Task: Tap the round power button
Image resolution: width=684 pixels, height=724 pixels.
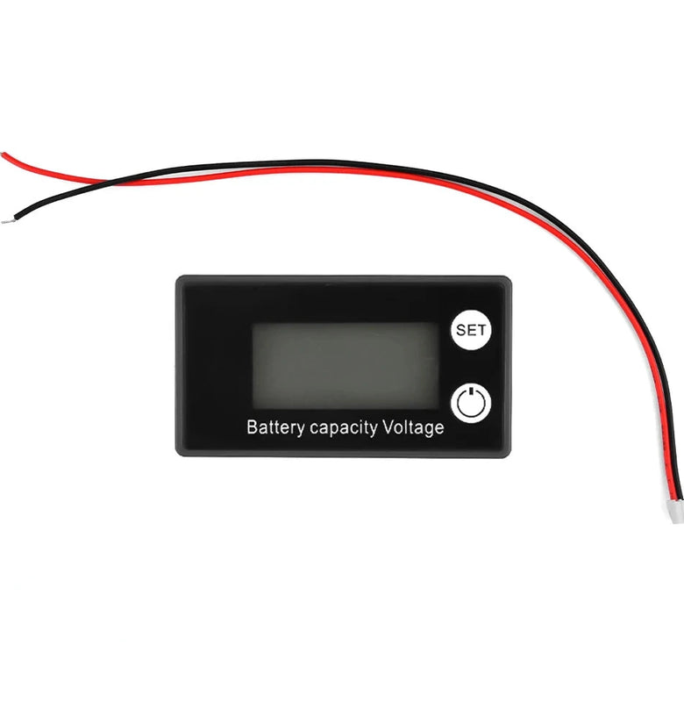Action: tap(471, 403)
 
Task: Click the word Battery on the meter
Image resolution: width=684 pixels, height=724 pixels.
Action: tap(274, 428)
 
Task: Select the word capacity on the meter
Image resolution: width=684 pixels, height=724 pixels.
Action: tap(343, 429)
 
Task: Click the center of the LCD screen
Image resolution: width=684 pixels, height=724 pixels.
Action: tap(346, 364)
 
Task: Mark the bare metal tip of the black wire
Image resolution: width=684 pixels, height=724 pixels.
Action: tap(7, 219)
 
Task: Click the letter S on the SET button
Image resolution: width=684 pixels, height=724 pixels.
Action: tap(460, 332)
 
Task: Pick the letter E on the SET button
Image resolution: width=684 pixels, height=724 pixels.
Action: tap(471, 332)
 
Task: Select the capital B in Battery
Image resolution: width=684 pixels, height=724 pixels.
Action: tap(253, 428)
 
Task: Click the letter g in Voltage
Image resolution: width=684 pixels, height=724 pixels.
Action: tap(427, 430)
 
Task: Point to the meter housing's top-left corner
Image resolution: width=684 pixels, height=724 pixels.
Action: tap(177, 278)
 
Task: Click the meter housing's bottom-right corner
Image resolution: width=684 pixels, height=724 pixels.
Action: tap(509, 454)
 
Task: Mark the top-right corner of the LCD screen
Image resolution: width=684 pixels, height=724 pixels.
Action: tap(438, 322)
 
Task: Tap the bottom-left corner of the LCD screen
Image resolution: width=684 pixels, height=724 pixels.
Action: tap(253, 407)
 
